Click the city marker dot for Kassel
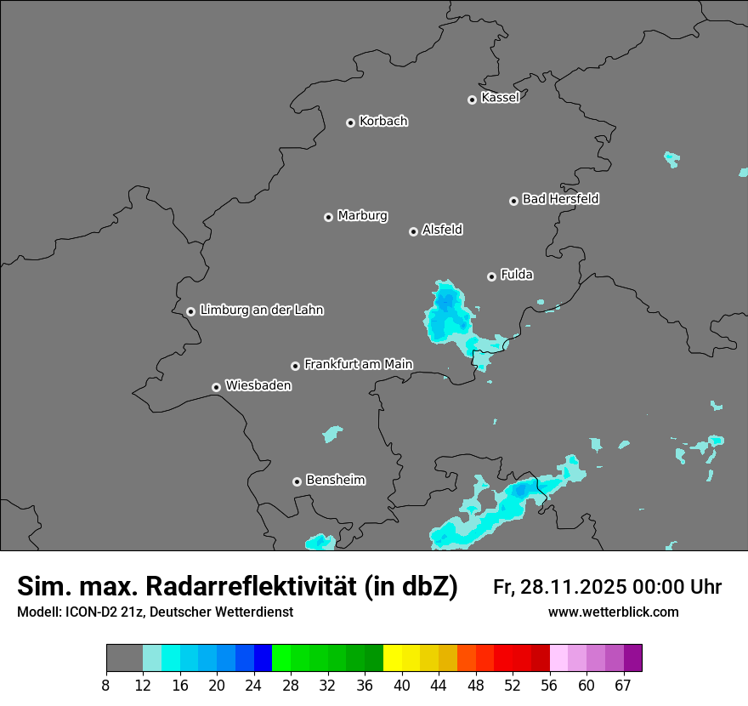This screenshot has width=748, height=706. click(x=472, y=100)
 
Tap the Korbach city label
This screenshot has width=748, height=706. click(x=383, y=122)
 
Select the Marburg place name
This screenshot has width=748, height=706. click(x=362, y=216)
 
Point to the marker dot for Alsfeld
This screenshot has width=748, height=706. click(x=413, y=231)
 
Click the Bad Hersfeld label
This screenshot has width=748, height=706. click(x=560, y=199)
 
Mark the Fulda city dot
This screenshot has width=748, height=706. click(x=491, y=276)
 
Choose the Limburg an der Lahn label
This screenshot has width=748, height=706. click(x=261, y=310)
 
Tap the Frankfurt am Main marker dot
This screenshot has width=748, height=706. click(x=295, y=366)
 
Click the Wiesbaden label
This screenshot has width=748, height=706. click(x=258, y=386)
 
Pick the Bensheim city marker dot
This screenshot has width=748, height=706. click(x=297, y=481)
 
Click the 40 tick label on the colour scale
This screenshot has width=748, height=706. click(x=402, y=685)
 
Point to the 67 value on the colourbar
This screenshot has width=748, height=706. click(x=624, y=685)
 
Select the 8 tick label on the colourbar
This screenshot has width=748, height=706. click(x=106, y=685)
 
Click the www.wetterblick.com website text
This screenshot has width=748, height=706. click(x=613, y=612)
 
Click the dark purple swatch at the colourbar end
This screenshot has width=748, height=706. click(x=633, y=658)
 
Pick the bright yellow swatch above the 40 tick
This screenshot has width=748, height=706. click(x=393, y=658)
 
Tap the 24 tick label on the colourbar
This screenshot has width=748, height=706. click(x=254, y=685)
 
